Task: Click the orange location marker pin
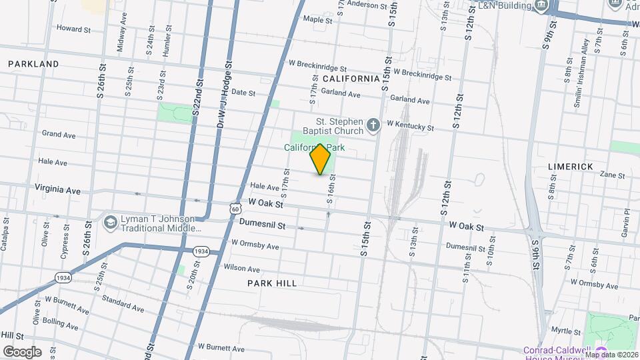coord(321,159)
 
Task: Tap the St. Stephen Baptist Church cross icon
coord(374,123)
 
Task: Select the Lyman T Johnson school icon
coord(111,221)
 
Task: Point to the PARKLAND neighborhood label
coord(33,64)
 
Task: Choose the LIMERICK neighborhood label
coord(570,166)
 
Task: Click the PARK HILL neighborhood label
coord(272,283)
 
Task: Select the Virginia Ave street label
coord(58,190)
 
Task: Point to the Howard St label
coord(73,29)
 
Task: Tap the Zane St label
coord(612,175)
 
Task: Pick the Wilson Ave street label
coord(242,269)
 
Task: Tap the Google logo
coord(22,351)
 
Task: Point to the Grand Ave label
coord(59,134)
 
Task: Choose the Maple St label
coord(317,20)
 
